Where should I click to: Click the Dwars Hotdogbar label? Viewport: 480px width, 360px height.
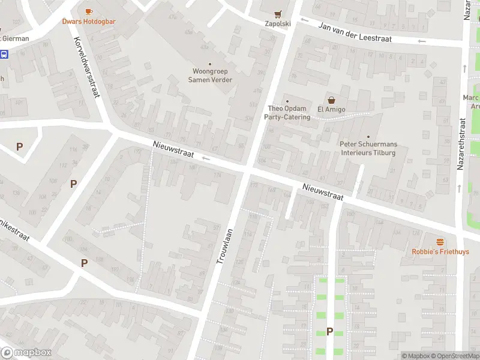pyautogui.click(x=89, y=22)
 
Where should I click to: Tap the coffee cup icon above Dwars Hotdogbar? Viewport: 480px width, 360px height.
pyautogui.click(x=89, y=11)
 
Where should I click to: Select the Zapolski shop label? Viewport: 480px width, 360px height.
pyautogui.click(x=277, y=24)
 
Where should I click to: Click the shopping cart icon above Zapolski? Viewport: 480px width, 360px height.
pyautogui.click(x=277, y=14)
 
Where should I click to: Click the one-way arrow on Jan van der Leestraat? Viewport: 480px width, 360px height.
pyautogui.click(x=422, y=41)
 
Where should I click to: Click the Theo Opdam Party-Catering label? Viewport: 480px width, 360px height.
pyautogui.click(x=288, y=113)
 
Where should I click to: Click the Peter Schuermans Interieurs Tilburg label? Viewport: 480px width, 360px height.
pyautogui.click(x=368, y=148)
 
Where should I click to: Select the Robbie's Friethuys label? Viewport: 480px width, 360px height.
pyautogui.click(x=440, y=252)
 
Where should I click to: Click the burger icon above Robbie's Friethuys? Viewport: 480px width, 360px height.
pyautogui.click(x=440, y=242)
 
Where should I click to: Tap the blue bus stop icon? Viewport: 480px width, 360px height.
pyautogui.click(x=4, y=55)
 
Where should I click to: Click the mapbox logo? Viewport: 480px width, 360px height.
pyautogui.click(x=26, y=353)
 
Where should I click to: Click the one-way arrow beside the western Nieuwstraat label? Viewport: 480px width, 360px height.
pyautogui.click(x=205, y=158)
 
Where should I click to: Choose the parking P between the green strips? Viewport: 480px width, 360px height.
pyautogui.click(x=329, y=331)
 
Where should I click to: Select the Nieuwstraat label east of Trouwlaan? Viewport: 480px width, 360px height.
pyautogui.click(x=323, y=192)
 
